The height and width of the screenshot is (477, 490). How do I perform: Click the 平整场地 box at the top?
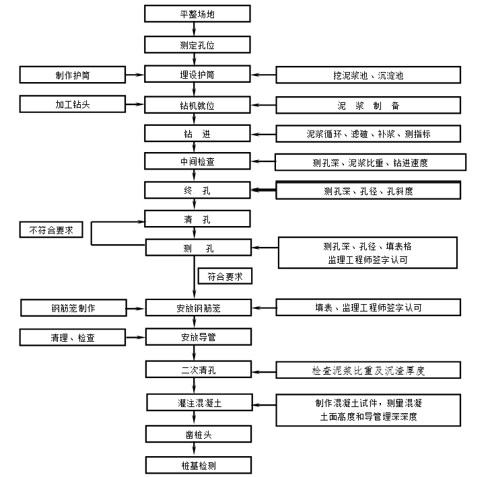click(x=197, y=13)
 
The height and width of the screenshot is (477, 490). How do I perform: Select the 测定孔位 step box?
click(x=197, y=44)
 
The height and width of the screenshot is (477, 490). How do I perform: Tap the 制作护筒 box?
click(x=73, y=75)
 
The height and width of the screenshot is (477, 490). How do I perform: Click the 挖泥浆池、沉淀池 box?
click(x=368, y=75)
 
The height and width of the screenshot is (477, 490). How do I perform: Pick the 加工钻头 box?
click(x=73, y=104)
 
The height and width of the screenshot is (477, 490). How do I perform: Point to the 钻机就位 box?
click(x=197, y=105)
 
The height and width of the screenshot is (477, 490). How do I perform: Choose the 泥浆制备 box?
click(x=368, y=106)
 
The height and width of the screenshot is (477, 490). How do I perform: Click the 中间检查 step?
click(x=197, y=161)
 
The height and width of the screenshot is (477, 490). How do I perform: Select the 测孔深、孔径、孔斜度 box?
click(x=368, y=191)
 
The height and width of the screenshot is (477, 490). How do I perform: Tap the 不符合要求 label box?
click(x=51, y=230)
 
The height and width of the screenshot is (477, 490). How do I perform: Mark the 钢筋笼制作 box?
click(x=73, y=308)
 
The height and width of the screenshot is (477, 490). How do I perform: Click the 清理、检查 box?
click(x=73, y=337)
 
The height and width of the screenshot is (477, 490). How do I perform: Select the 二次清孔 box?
click(x=197, y=369)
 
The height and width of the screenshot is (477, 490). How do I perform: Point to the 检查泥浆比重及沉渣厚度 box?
click(x=368, y=370)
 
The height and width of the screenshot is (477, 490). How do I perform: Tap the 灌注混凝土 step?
click(x=197, y=403)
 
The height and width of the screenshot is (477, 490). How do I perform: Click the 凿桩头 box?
click(x=197, y=434)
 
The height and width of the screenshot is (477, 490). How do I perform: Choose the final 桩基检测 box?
click(x=197, y=465)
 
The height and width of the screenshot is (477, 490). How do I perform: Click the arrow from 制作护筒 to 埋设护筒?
click(x=135, y=75)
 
